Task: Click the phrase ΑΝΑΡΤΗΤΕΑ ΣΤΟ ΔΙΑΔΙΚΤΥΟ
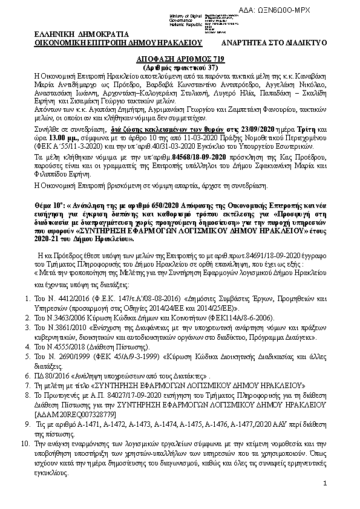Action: [274, 44]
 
